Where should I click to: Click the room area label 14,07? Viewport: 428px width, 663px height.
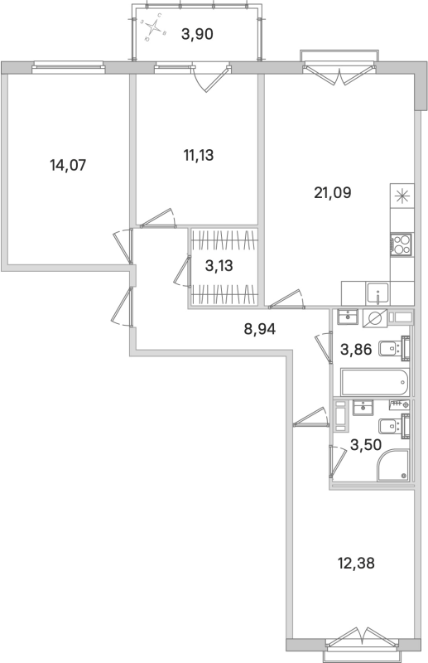pyautogui.click(x=68, y=165)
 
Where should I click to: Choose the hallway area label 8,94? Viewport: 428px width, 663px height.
pyautogui.click(x=259, y=327)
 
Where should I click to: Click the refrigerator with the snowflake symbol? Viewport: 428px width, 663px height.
pyautogui.click(x=402, y=196)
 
